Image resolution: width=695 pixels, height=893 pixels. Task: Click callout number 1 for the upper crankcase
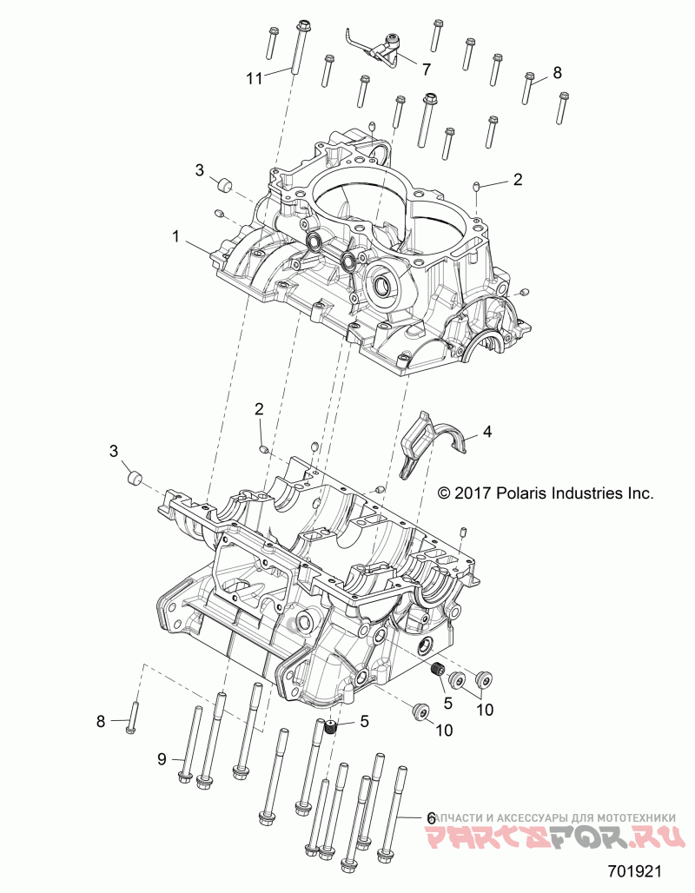(x=176, y=235)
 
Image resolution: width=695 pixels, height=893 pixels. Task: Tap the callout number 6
(x=430, y=817)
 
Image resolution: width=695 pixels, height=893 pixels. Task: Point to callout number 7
(x=427, y=68)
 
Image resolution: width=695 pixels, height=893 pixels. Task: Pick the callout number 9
(x=162, y=758)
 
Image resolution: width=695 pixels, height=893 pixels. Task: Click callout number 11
(x=254, y=78)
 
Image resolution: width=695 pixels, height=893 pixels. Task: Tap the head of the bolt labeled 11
(x=303, y=24)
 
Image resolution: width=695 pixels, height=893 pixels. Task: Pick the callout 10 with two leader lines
(x=484, y=709)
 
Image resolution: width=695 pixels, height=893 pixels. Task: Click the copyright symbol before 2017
(x=444, y=493)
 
